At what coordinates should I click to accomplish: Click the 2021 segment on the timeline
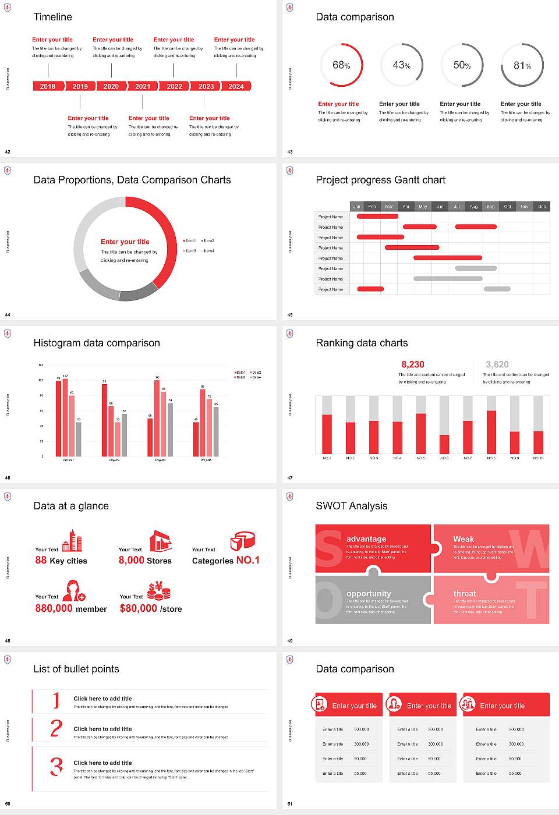[x=143, y=86]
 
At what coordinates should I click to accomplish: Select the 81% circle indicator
[x=522, y=66]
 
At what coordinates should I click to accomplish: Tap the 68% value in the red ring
[x=341, y=65]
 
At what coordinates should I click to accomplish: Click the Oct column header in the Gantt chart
[x=508, y=207]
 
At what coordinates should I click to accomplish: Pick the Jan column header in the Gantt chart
[x=357, y=207]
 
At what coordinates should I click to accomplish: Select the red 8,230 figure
[x=413, y=364]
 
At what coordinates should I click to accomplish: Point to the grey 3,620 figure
[x=497, y=364]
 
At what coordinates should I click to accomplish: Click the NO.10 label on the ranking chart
[x=538, y=458]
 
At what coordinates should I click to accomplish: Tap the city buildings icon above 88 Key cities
[x=72, y=541]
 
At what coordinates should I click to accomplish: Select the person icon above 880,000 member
[x=74, y=590]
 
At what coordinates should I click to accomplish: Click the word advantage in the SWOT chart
[x=366, y=539]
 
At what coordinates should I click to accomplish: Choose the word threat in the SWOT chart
[x=465, y=594]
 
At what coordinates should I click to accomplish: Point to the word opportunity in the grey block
[x=369, y=594]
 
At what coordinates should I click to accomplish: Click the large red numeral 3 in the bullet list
[x=56, y=766]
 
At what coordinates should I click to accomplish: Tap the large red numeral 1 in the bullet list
[x=56, y=700]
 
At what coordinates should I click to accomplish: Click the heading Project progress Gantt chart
[x=380, y=180]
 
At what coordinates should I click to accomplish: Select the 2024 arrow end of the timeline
[x=237, y=86]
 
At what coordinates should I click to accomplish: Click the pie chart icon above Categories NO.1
[x=243, y=541]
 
